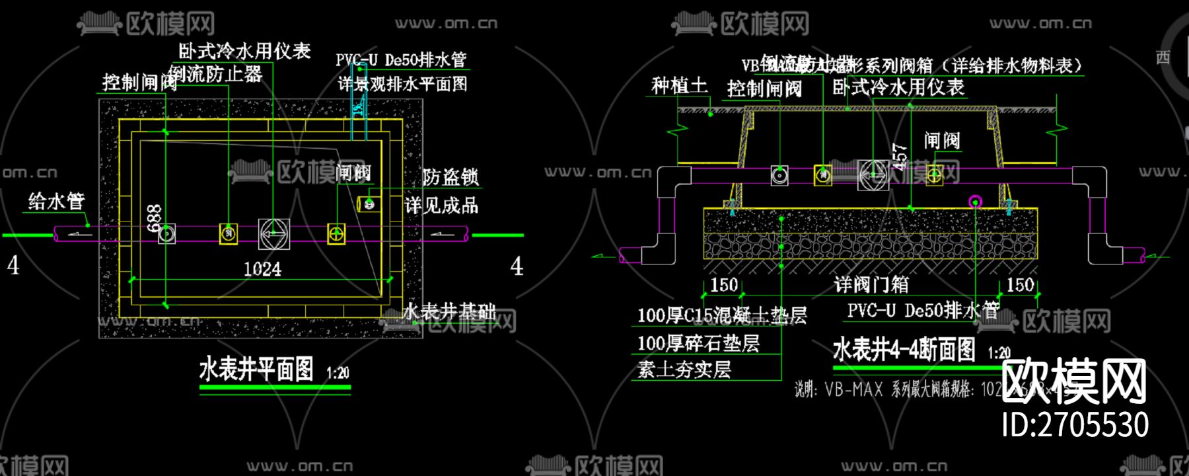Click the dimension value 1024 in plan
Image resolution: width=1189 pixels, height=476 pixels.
pos(262,269)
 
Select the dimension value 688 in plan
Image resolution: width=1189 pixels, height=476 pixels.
pos(154,218)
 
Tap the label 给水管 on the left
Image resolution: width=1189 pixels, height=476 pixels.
pos(57,201)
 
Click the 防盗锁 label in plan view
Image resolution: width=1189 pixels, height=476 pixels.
pos(450,177)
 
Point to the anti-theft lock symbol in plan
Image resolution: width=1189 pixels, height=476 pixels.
pos(369,204)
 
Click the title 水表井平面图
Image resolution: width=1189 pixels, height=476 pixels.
pos(256,370)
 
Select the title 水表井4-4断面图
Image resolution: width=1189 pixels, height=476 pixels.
pos(904,349)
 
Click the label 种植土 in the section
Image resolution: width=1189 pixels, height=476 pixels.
pos(679,85)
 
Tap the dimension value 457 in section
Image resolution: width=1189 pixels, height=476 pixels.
pos(900,157)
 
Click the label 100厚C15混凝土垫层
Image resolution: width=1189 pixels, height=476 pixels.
pos(721,315)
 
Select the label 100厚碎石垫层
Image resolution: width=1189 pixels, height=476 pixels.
pos(698,343)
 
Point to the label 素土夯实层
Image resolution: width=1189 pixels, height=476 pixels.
pos(684,370)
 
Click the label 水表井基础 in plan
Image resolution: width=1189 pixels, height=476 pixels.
pos(450,311)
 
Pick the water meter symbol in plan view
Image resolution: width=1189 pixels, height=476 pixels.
pos(273,233)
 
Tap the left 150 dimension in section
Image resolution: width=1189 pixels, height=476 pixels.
pos(724,285)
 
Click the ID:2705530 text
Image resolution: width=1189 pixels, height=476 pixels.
pos(1075,424)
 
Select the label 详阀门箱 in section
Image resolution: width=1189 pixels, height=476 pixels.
pos(871,285)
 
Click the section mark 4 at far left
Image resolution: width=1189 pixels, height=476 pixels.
pos(13,266)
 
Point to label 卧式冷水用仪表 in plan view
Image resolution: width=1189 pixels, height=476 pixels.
pos(244,51)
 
